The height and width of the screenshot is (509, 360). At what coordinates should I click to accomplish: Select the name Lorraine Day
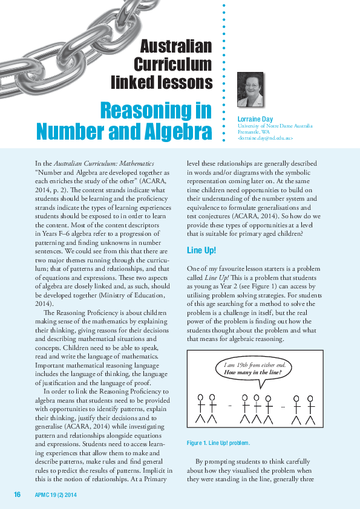[255, 119]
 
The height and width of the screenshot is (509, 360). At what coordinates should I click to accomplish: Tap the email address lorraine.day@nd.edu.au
[265, 138]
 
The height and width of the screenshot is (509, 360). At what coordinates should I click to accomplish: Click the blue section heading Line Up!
[202, 233]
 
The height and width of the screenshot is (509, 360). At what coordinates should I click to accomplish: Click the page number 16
[17, 495]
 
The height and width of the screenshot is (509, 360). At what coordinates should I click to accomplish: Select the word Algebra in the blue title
[177, 131]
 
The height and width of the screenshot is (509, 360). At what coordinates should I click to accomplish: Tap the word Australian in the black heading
[176, 47]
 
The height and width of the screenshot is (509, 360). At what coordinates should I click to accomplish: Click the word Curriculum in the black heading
[172, 65]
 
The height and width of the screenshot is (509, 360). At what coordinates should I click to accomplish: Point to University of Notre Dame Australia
[275, 126]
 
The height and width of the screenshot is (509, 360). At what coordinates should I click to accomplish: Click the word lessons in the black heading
[188, 83]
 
